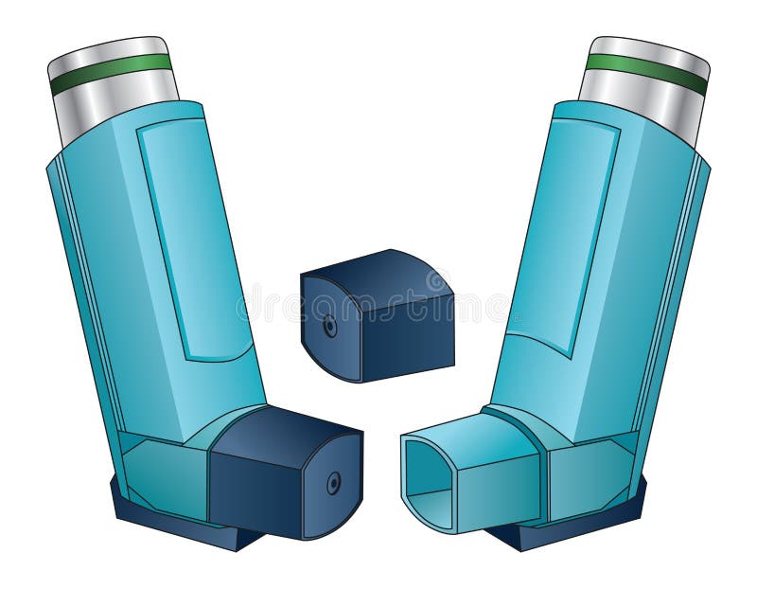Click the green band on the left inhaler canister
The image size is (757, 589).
click(112, 74)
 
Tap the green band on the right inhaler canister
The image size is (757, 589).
click(646, 74)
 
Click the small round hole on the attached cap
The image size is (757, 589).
click(333, 484)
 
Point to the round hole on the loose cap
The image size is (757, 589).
click(329, 326)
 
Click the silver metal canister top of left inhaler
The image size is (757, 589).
click(108, 50)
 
